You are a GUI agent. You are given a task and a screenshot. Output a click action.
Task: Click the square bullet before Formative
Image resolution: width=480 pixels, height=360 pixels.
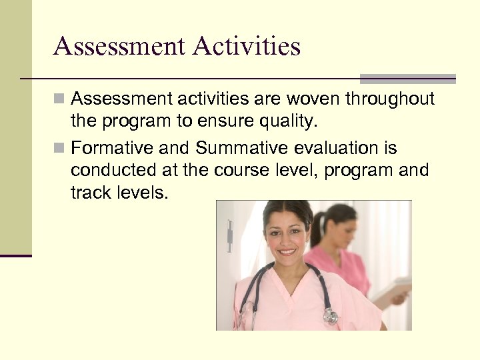60,147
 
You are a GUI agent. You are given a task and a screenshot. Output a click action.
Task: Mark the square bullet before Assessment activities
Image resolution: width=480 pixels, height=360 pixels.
60,99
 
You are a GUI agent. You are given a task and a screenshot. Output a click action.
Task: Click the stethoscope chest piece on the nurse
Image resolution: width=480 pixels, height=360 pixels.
330,317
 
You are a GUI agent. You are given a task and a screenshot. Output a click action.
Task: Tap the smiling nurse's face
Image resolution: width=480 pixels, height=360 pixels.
287,237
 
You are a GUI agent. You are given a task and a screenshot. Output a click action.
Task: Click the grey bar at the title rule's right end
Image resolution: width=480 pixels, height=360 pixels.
408,79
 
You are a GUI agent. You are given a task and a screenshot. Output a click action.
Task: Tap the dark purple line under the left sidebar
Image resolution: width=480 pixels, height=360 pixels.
16,255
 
